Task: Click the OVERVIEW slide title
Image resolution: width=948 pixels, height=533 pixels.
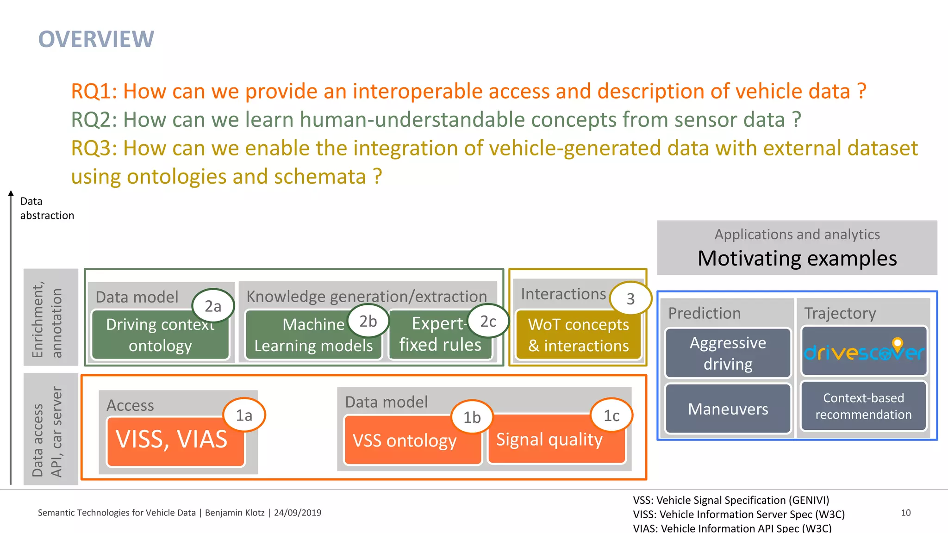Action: [96, 39]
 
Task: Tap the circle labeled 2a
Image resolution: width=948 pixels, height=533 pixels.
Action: [213, 306]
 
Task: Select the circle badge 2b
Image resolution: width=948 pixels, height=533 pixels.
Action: [368, 321]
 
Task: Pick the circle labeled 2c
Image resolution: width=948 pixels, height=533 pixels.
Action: [488, 321]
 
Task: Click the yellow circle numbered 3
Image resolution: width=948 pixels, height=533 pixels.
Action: [630, 299]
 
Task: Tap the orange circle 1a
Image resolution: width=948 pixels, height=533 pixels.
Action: [244, 415]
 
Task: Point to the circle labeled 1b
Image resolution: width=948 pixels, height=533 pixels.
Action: [472, 417]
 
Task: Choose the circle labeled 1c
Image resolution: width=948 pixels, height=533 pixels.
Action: [611, 415]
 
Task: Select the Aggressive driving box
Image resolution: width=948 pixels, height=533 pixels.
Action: [728, 353]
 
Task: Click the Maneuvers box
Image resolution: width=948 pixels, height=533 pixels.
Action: [728, 409]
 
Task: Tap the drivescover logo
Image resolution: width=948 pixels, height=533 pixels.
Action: [864, 352]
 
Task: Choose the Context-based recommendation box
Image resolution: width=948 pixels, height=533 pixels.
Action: [863, 406]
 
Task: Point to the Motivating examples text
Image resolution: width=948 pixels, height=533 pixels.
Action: [797, 258]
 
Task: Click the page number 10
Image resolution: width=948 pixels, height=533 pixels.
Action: [905, 513]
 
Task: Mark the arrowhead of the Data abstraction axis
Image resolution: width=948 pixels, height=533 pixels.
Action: [11, 193]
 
